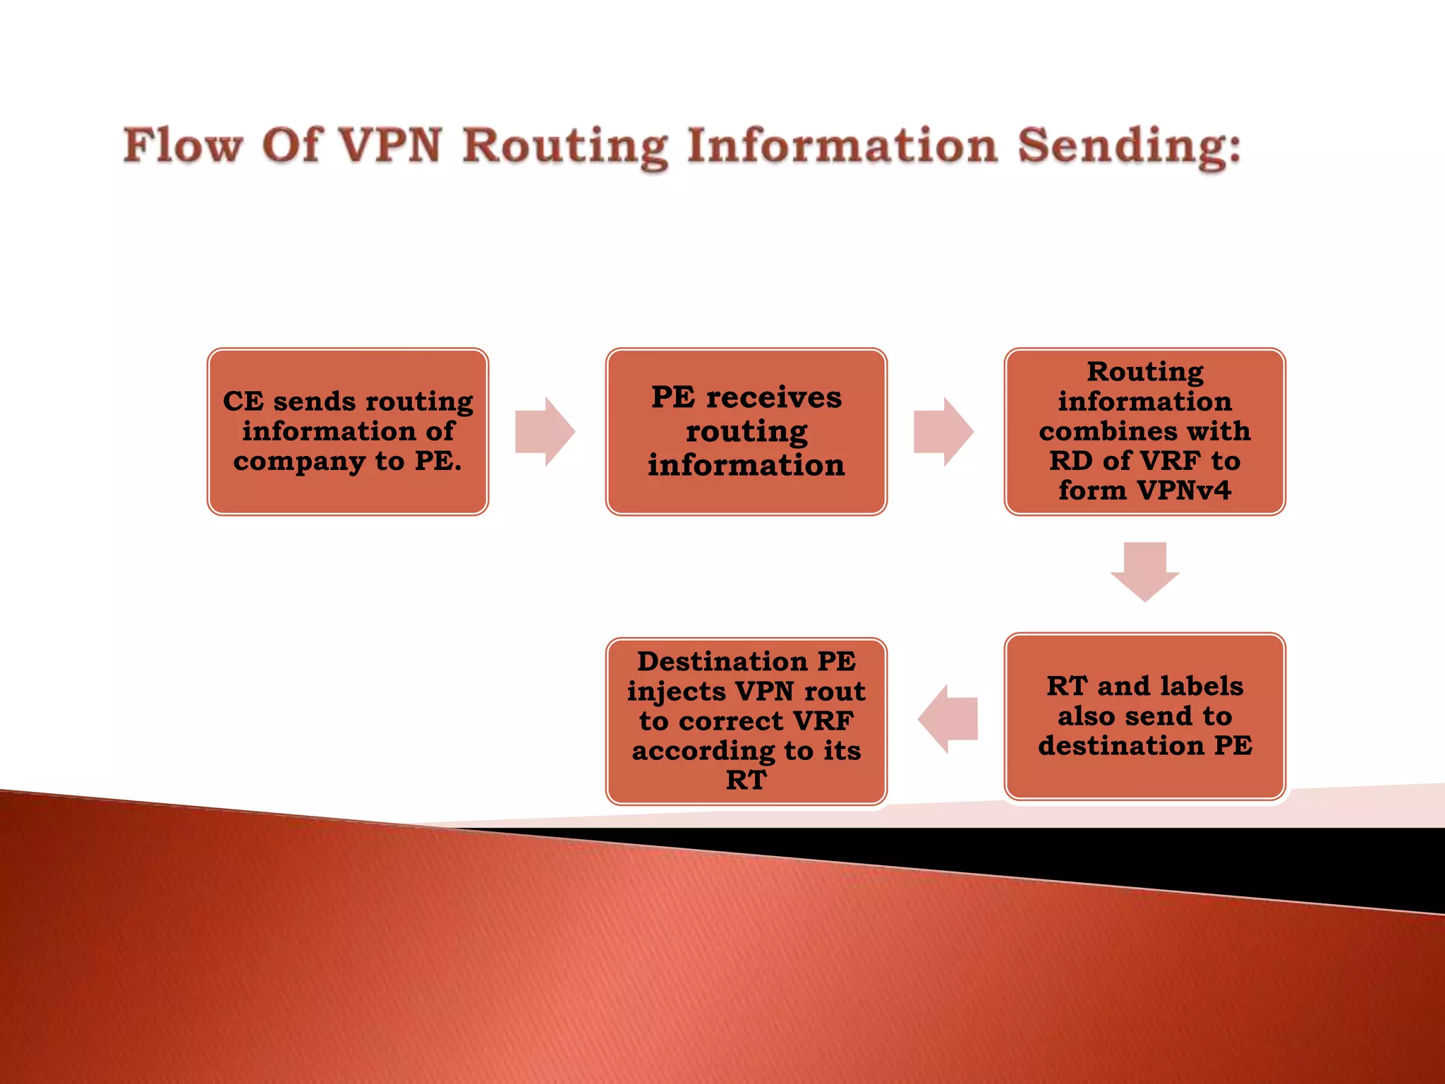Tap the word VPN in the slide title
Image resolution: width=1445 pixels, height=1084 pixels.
390,146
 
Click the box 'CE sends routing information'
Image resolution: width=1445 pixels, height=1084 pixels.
348,431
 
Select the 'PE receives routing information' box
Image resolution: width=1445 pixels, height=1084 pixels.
746,431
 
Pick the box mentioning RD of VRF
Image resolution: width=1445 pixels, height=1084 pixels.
1144,431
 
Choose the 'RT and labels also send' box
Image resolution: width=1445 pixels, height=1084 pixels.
1144,716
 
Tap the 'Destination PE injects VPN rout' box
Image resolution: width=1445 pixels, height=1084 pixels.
746,721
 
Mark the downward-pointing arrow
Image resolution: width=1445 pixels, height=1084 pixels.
1144,571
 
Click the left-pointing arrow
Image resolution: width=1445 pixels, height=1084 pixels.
948,718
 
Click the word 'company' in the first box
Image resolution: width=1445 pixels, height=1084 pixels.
300,462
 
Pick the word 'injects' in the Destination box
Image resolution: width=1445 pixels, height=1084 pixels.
677,692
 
